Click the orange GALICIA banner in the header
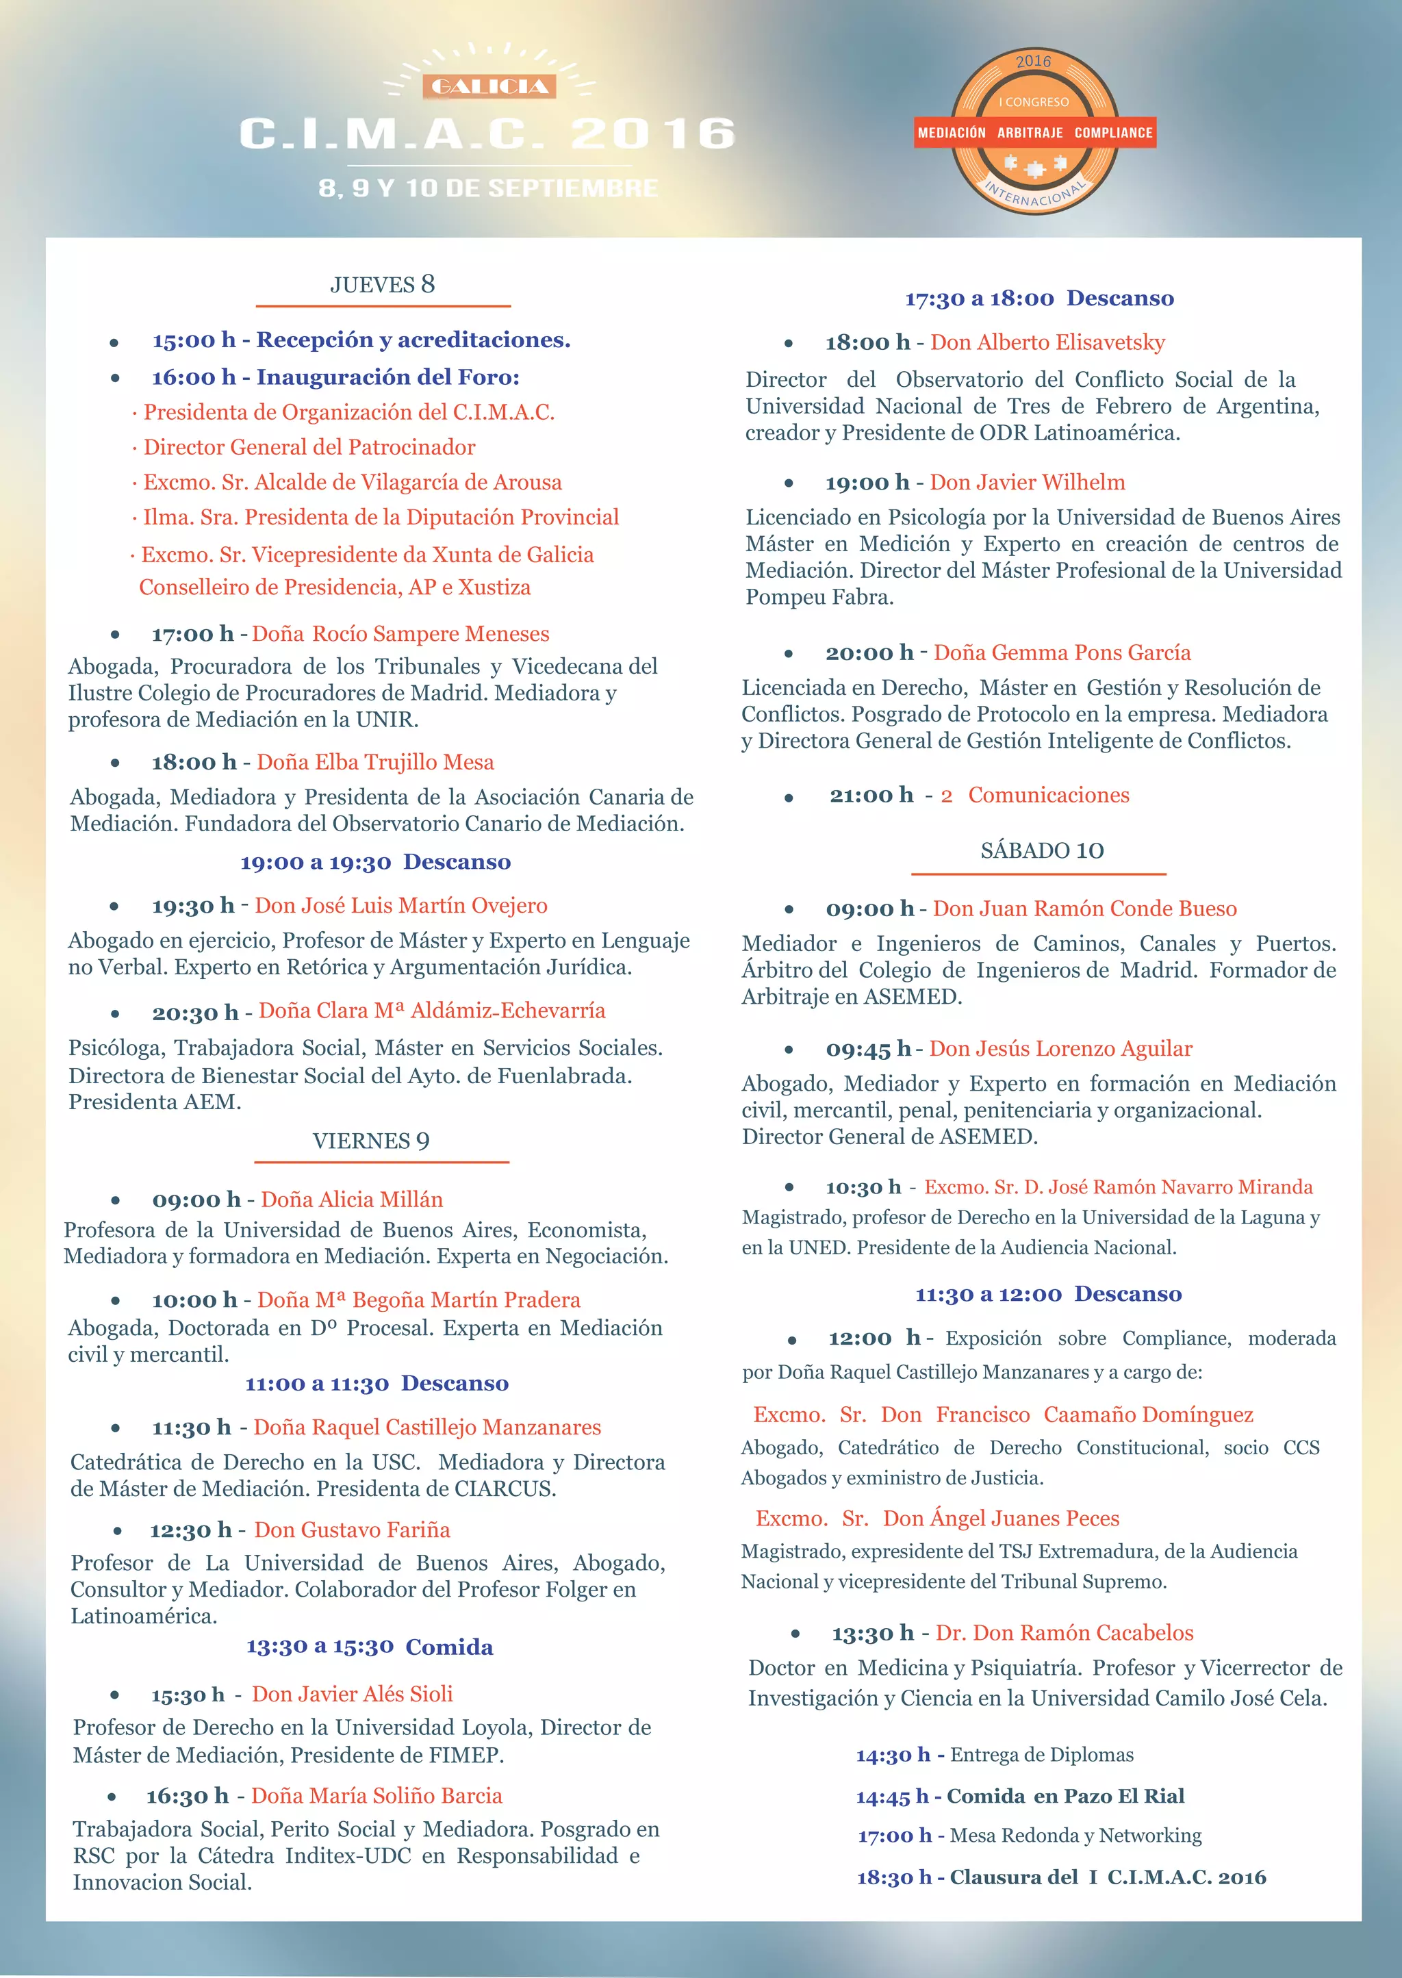(x=489, y=86)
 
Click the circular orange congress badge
(x=1034, y=132)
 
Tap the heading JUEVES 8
(x=383, y=285)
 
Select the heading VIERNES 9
(x=370, y=1141)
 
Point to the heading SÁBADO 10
(x=1042, y=850)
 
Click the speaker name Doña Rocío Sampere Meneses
(x=400, y=634)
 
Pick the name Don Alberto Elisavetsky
(x=1047, y=343)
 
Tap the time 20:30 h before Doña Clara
(x=195, y=1013)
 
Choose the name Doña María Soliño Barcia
(x=377, y=1796)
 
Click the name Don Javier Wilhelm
(x=1028, y=483)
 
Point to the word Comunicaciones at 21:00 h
(x=1048, y=795)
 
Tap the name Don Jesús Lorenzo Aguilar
(x=1061, y=1049)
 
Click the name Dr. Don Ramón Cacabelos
(x=1065, y=1633)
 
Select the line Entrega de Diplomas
(x=1042, y=1754)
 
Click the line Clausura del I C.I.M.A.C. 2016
(x=1108, y=1877)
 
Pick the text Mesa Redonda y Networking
(x=1075, y=1836)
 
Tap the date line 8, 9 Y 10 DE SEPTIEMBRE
(x=489, y=188)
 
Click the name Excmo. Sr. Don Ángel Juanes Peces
(x=938, y=1519)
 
